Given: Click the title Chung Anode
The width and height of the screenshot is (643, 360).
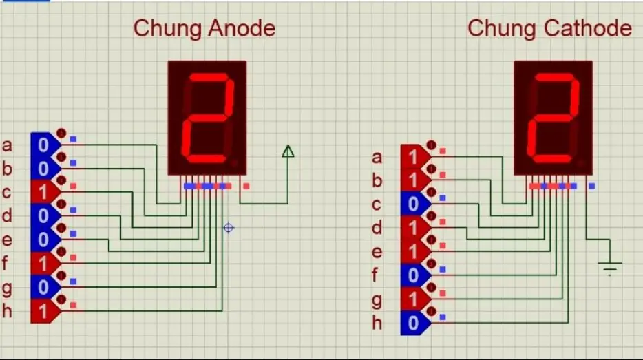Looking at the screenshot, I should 204,28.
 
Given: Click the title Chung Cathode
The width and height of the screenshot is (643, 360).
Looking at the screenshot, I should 549,28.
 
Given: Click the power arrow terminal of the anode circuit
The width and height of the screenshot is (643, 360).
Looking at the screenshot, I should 288,151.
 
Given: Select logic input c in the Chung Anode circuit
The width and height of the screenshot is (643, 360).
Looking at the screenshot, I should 44,192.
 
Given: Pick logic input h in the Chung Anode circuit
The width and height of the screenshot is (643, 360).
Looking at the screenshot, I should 44,311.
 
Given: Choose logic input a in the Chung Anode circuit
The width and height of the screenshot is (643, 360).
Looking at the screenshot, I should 44,145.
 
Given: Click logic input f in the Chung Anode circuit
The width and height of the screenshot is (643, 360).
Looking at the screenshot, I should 44,263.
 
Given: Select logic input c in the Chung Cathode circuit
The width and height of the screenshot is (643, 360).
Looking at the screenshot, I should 414,204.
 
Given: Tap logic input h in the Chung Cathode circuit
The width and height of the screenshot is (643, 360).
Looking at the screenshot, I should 414,323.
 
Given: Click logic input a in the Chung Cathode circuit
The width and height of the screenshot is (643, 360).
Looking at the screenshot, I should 414,156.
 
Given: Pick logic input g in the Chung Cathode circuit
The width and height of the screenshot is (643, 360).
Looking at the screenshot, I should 414,299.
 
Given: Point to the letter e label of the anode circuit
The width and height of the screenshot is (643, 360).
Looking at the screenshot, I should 8,240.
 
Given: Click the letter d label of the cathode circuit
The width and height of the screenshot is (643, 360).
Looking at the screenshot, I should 377,227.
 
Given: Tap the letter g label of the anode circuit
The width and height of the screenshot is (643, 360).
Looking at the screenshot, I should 8,288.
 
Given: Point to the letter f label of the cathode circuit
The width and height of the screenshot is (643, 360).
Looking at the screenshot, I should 375,275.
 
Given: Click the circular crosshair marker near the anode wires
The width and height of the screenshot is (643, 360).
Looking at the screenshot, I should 229,227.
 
